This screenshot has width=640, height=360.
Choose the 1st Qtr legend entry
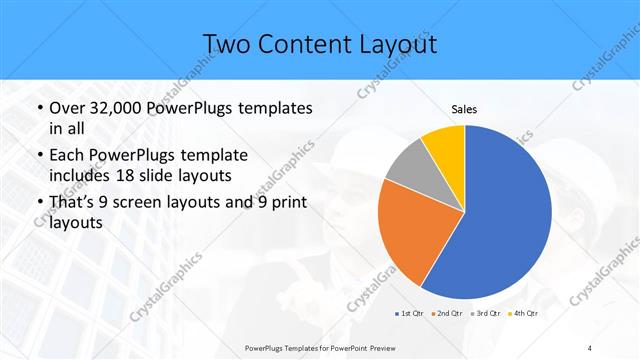coord(412,313)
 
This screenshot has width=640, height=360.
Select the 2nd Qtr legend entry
coord(448,313)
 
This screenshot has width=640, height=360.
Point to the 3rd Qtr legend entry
coord(485,313)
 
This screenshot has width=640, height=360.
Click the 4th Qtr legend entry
coord(522,313)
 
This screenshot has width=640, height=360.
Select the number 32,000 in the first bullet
coord(126,107)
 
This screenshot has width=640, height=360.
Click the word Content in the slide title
coord(311,44)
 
